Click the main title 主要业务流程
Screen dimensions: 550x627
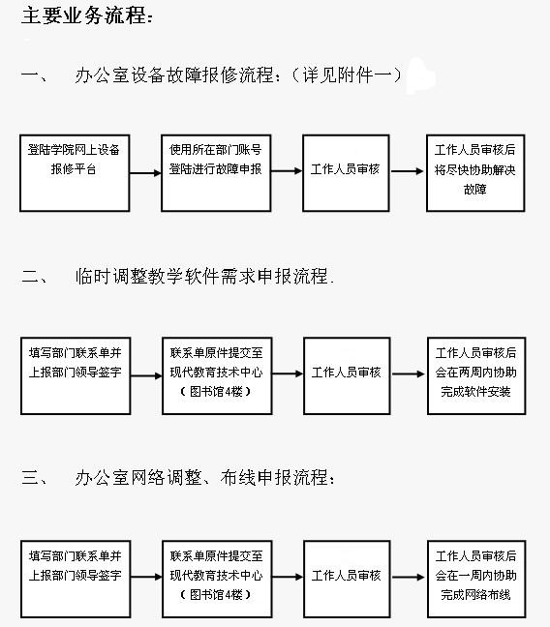coord(84,16)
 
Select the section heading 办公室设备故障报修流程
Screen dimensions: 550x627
coord(174,75)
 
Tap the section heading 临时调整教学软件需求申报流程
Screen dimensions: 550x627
coord(201,276)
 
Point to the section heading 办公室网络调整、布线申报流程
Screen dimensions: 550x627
coord(201,477)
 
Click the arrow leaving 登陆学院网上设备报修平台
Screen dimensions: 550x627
coord(145,173)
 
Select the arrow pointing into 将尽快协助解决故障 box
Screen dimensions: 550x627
coord(407,171)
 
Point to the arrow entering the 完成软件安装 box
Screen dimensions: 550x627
coord(409,373)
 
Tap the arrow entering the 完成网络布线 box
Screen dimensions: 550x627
coord(409,577)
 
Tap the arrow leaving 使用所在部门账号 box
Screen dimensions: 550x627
coord(287,171)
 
